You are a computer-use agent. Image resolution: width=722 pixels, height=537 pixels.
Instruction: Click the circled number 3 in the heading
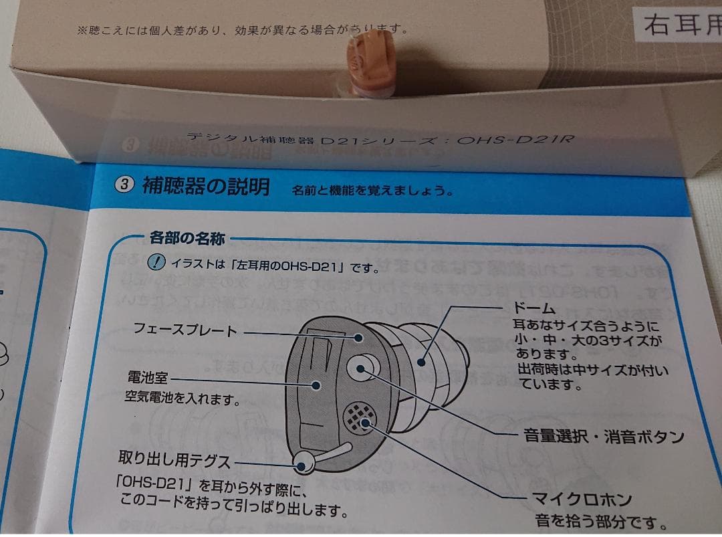coord(125,185)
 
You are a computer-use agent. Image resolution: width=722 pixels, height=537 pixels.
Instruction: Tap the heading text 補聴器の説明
coord(205,186)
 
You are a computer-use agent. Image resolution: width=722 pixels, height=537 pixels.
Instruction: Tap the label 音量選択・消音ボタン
coord(603,437)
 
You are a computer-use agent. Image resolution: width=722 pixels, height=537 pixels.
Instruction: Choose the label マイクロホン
coord(581,499)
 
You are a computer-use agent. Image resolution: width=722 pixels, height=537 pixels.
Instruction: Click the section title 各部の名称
coord(187,237)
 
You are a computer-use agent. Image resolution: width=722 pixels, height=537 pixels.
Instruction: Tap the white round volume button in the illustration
coord(362,366)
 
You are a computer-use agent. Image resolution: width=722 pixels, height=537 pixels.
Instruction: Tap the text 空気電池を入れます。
coord(182,400)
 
